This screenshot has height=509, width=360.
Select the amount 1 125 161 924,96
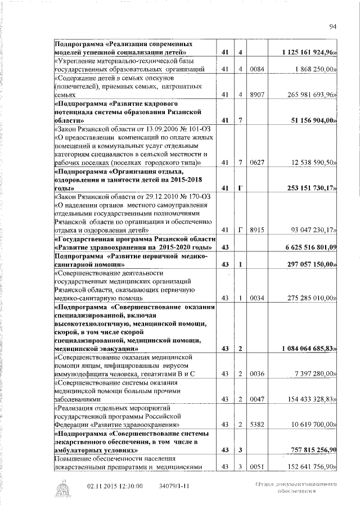pos(308,52)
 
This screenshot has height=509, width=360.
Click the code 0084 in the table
pos(256,69)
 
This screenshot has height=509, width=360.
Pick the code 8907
pos(256,94)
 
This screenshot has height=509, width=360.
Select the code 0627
pos(256,163)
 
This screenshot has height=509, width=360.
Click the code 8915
pos(256,230)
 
